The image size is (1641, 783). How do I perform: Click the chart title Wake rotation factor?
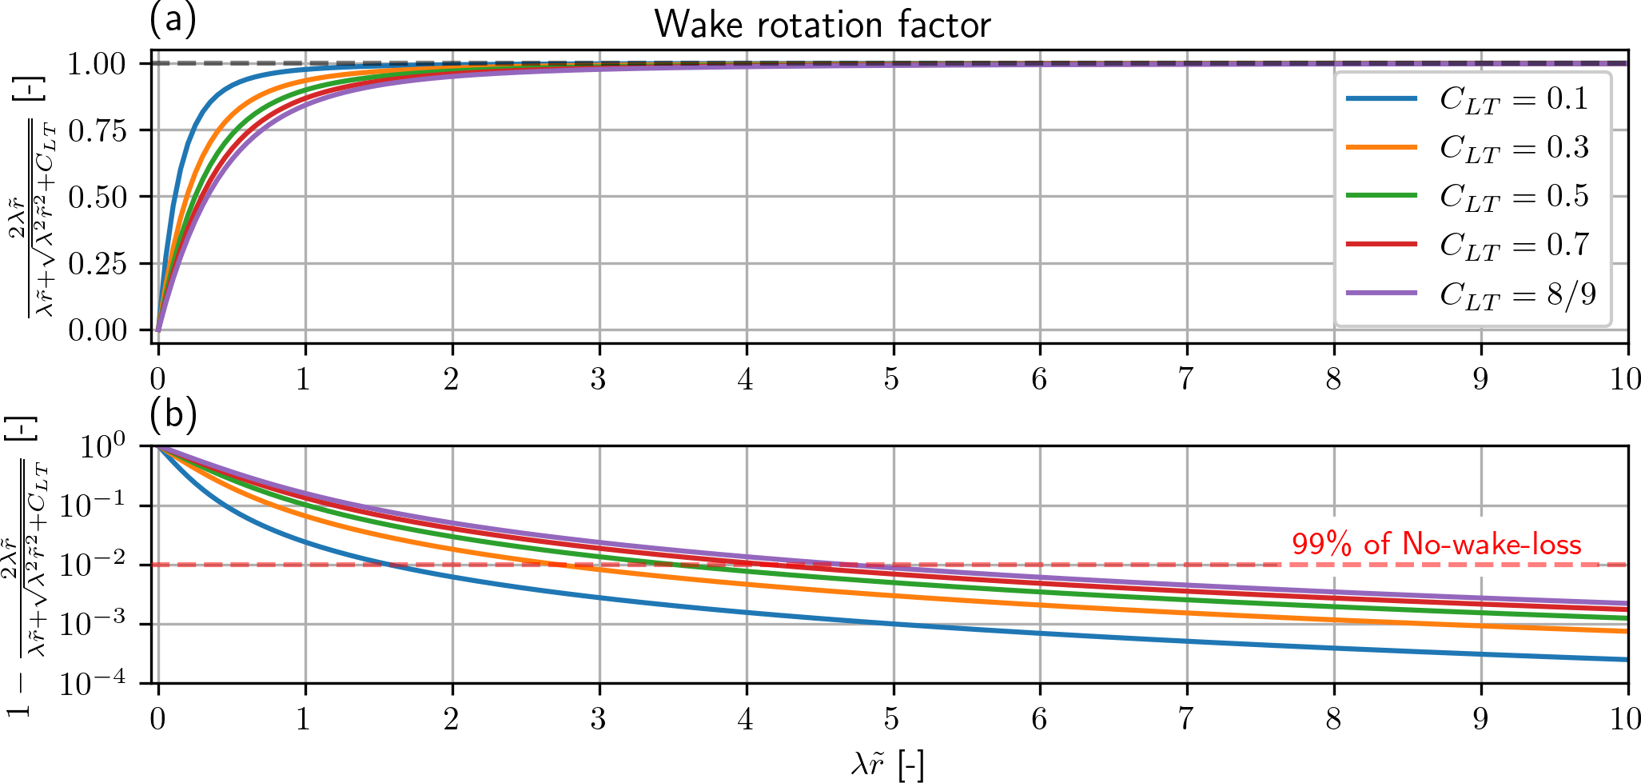tap(822, 25)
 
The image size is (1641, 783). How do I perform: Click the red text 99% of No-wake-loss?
tap(1436, 545)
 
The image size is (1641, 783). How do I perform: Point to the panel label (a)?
tap(173, 19)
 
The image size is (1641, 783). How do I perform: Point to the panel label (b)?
tap(173, 413)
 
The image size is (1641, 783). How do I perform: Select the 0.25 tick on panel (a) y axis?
tap(98, 264)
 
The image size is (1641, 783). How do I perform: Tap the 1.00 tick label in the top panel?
tap(98, 64)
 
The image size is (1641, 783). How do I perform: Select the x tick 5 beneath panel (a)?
tap(892, 379)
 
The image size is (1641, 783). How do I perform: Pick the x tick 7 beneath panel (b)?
tap(1186, 719)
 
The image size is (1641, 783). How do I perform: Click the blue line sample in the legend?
tap(1381, 98)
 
